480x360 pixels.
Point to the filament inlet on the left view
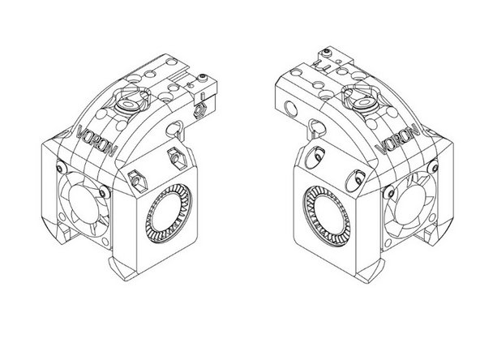[131, 105]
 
